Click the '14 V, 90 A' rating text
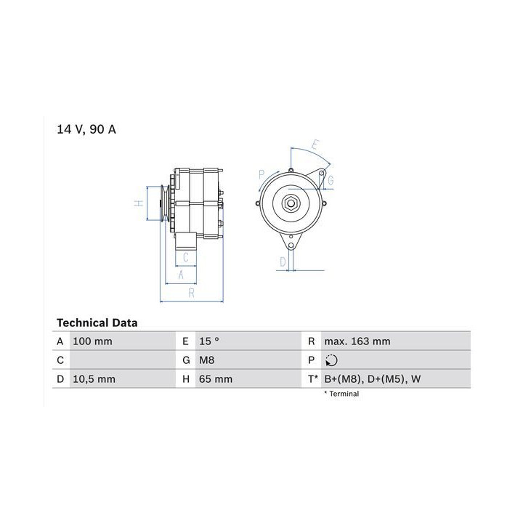(x=86, y=129)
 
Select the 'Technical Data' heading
(x=97, y=323)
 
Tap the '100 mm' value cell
(x=92, y=341)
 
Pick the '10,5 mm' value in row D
(x=94, y=379)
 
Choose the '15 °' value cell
(x=209, y=341)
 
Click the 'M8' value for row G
(x=207, y=360)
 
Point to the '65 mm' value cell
(x=216, y=379)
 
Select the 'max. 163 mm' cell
(x=357, y=341)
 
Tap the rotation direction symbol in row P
(x=331, y=360)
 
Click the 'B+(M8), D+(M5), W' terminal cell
(x=373, y=379)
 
